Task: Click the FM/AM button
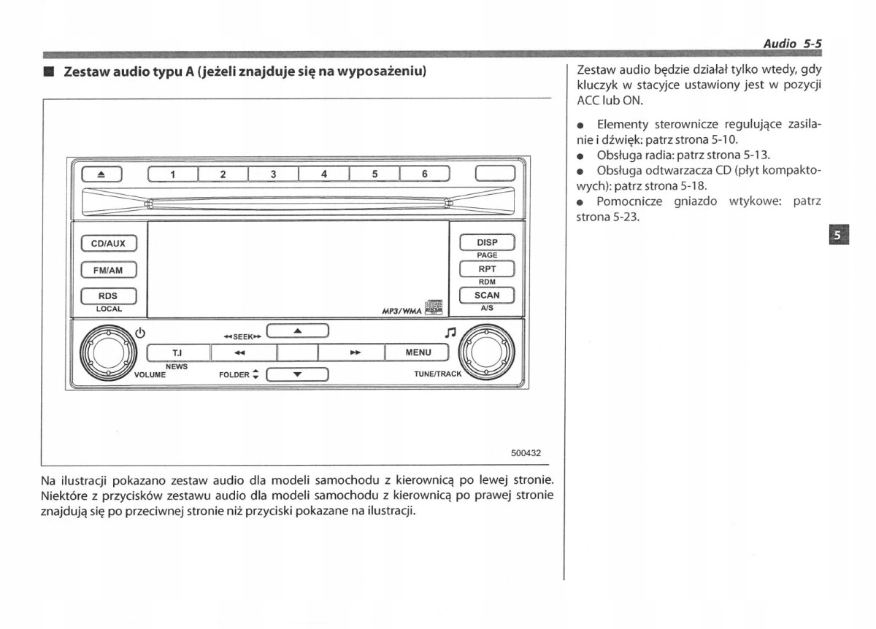click(x=109, y=269)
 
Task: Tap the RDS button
click(x=109, y=296)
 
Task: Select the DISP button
click(x=487, y=242)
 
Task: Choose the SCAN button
click(x=487, y=295)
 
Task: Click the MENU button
click(x=418, y=352)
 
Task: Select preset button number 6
click(x=423, y=174)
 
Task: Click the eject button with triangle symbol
click(x=101, y=174)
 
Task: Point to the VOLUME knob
click(x=108, y=353)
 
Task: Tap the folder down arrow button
click(x=298, y=376)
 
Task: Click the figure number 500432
click(x=526, y=452)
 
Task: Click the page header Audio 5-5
click(x=792, y=44)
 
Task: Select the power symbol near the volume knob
click(x=141, y=334)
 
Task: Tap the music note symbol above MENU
click(x=450, y=333)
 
